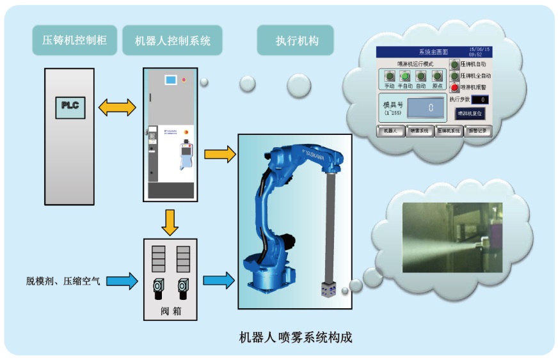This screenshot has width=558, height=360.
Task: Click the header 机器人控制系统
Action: pyautogui.click(x=172, y=41)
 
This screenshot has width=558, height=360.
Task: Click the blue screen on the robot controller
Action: pyautogui.click(x=170, y=81)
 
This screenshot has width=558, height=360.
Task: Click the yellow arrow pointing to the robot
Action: pyautogui.click(x=219, y=154)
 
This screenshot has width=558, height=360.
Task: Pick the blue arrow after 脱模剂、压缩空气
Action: pyautogui.click(x=124, y=280)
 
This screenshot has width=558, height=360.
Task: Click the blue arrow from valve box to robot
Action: pyautogui.click(x=218, y=280)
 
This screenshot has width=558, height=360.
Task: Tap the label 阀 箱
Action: pyautogui.click(x=169, y=312)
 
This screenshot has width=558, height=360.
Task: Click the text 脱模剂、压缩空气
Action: pyautogui.click(x=63, y=281)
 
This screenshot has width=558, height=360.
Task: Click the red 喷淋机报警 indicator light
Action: pyautogui.click(x=455, y=87)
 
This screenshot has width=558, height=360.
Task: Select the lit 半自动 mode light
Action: pyautogui.click(x=404, y=77)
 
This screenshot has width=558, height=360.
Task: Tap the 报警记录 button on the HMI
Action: pyautogui.click(x=477, y=131)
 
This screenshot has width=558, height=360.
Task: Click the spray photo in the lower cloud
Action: pyautogui.click(x=452, y=237)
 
